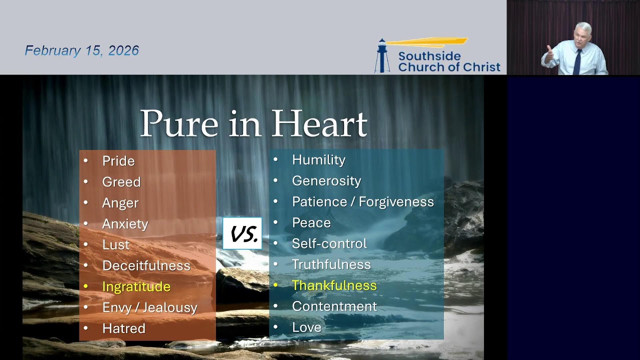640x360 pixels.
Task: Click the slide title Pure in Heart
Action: point(253,123)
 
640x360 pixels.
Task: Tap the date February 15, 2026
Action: point(82,50)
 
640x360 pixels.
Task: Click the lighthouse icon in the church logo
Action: point(382,56)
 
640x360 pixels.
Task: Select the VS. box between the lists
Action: point(242,233)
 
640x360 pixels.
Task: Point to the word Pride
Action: point(118,161)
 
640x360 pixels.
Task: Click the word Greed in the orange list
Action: point(121,182)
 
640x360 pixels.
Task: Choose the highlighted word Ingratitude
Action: point(136,286)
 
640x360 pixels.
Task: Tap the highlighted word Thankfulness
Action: point(334,285)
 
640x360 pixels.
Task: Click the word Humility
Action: point(318,160)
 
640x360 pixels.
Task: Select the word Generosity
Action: point(326,181)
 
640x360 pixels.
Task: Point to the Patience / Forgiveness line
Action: point(362,202)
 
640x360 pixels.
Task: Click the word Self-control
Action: point(329,243)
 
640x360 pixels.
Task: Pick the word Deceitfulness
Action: point(146,265)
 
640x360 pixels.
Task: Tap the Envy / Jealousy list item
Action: point(149,307)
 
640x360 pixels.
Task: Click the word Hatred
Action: point(123,328)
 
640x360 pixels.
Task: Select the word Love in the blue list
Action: point(306,327)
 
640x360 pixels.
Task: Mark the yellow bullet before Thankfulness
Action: point(275,285)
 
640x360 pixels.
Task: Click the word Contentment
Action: point(334,306)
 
